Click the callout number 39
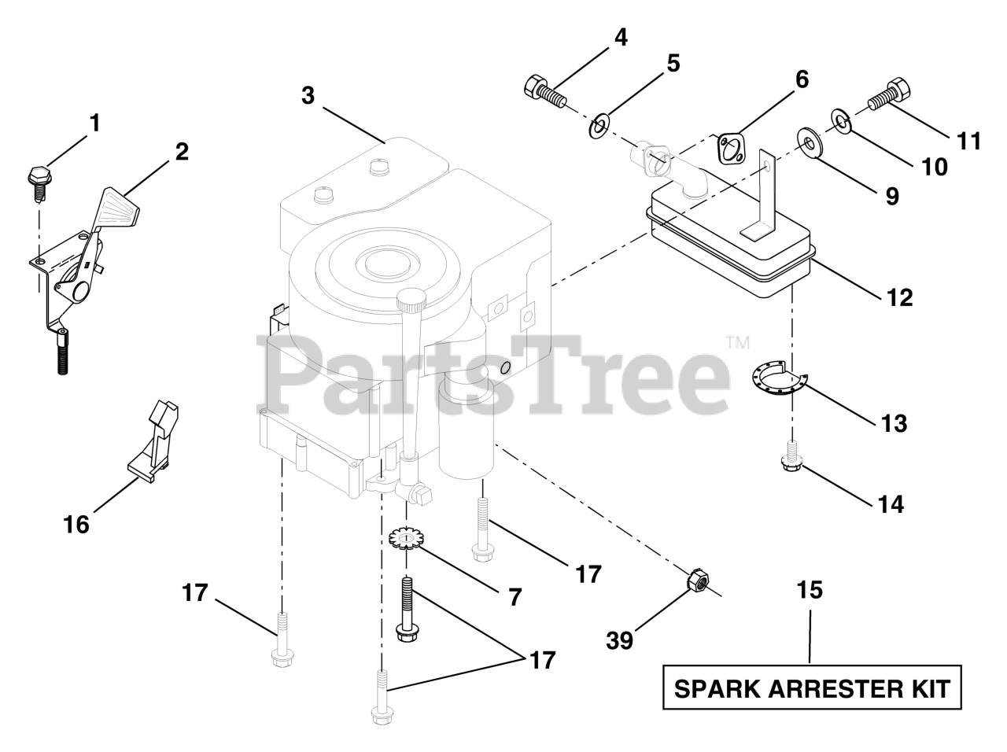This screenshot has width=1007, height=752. [x=620, y=640]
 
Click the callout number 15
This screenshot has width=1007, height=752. [x=810, y=590]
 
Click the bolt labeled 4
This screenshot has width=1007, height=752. [x=544, y=89]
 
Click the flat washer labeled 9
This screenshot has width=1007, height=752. [x=806, y=142]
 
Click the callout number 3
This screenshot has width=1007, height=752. [x=308, y=96]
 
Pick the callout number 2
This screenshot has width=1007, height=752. [x=182, y=151]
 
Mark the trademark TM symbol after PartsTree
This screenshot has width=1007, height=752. [x=737, y=343]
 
